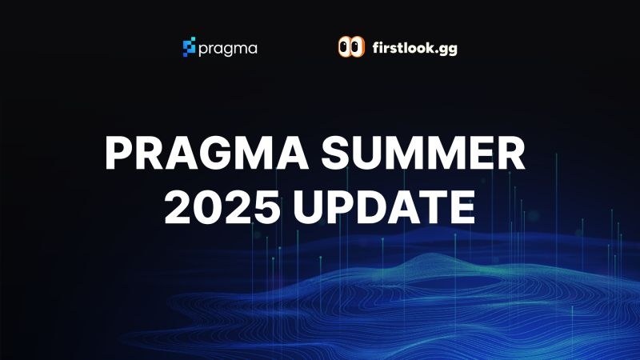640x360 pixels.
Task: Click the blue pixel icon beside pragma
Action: pos(189,47)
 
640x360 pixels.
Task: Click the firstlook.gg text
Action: pos(414,48)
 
